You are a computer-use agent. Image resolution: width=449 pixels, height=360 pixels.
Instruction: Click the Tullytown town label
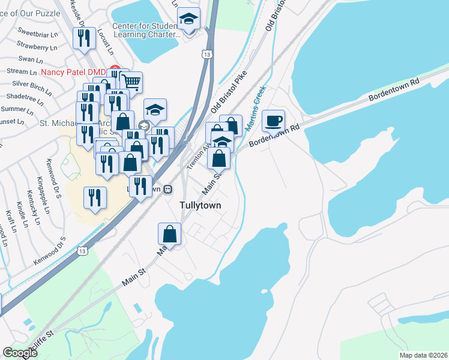(200, 205)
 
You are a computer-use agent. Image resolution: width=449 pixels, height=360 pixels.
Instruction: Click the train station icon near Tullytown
(169, 189)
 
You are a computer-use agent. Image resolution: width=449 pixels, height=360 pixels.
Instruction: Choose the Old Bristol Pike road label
(229, 93)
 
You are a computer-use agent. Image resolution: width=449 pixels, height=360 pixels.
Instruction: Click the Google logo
(20, 353)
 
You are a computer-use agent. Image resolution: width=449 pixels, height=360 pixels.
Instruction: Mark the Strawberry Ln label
(37, 46)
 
